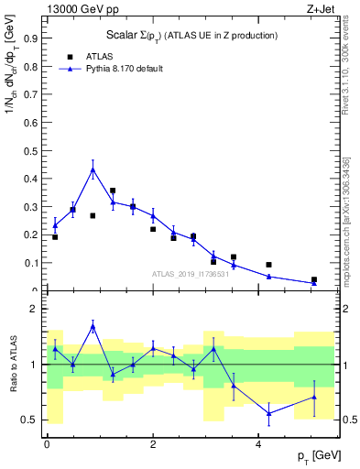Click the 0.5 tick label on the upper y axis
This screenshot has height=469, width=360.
click(x=33, y=151)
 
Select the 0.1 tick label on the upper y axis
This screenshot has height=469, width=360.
click(x=33, y=263)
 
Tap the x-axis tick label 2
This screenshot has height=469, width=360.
click(x=153, y=444)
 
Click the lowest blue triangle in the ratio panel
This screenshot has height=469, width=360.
click(x=269, y=413)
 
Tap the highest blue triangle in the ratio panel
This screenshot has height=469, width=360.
click(x=93, y=326)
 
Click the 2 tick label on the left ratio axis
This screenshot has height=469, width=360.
click(x=37, y=310)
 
